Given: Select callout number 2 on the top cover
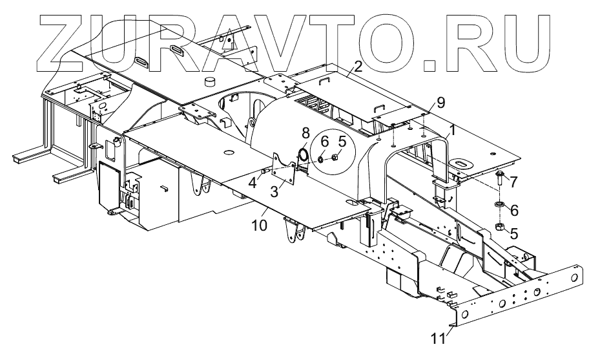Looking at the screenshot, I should tap(358, 65).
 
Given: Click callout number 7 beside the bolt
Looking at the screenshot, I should tap(514, 183).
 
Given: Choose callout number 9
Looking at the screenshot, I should tap(440, 102).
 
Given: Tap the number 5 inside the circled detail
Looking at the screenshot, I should tap(342, 140).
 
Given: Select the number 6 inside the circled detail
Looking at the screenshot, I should tap(324, 140).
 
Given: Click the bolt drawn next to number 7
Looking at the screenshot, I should tap(501, 180).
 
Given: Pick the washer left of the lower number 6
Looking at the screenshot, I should tap(499, 206).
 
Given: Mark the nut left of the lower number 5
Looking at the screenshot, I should tap(499, 226).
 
